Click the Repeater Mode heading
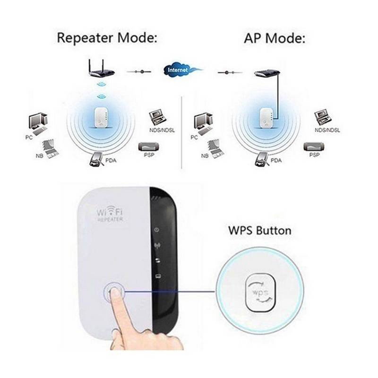click(x=107, y=38)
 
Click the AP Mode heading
click(x=275, y=38)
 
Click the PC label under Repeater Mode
click(x=29, y=137)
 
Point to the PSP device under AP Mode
click(x=314, y=146)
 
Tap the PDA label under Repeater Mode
click(x=111, y=160)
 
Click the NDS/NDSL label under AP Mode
click(x=327, y=130)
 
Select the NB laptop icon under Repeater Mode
click(x=51, y=149)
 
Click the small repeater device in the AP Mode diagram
click(x=266, y=118)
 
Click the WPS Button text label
click(x=259, y=231)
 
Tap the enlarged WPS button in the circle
click(x=260, y=292)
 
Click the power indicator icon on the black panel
click(x=157, y=230)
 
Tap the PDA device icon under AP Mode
click(x=262, y=159)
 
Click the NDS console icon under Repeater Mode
click(x=158, y=119)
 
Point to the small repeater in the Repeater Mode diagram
click(x=101, y=118)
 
